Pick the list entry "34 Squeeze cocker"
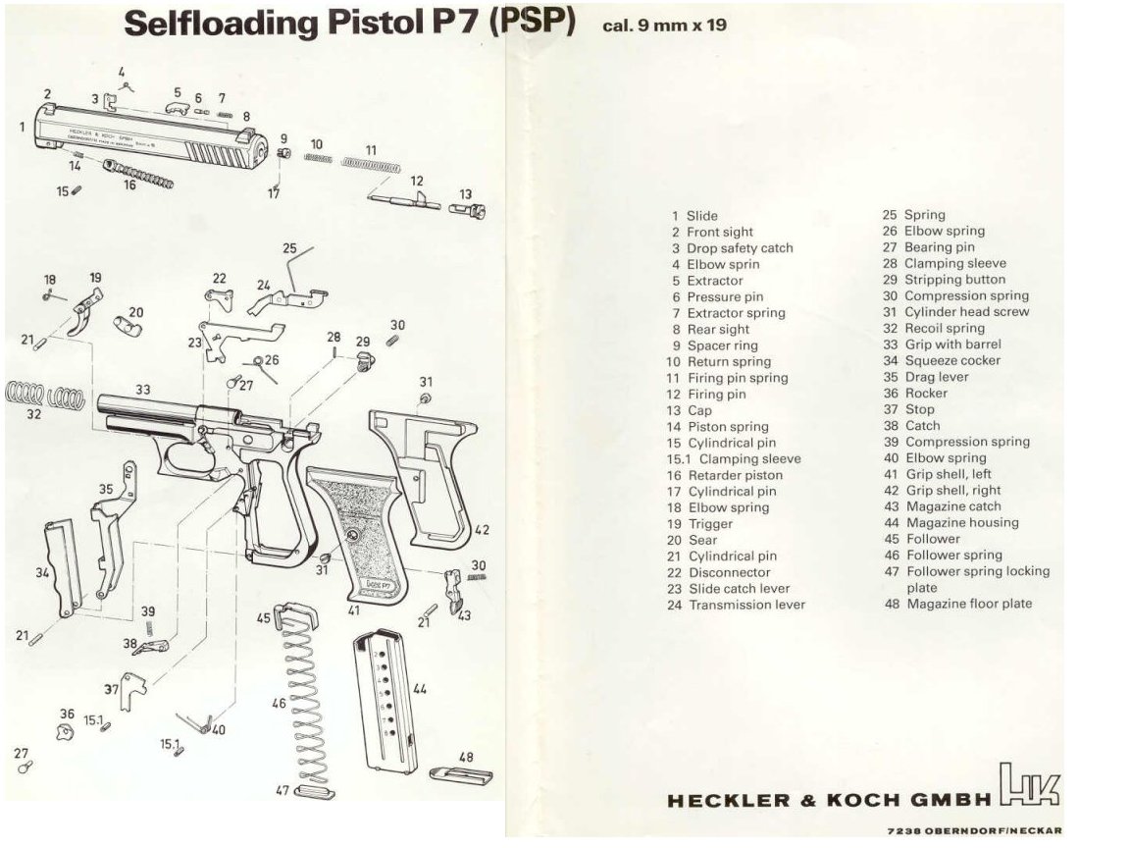coord(942,361)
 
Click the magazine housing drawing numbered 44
coord(385,702)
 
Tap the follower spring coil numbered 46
coord(300,697)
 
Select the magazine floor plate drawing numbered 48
coord(461,774)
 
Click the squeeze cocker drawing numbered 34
coord(61,569)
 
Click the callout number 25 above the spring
coord(289,248)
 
